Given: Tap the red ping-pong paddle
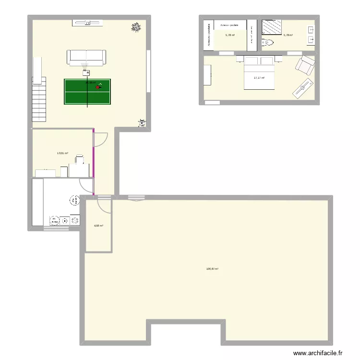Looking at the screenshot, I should point(98,87).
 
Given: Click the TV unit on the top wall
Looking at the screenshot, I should point(87,22).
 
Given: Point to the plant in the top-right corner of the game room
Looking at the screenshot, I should point(137,28).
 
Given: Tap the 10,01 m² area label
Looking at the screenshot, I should point(62,154).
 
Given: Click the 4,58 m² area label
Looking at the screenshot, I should point(98,226).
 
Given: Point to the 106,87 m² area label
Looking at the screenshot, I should point(212,269).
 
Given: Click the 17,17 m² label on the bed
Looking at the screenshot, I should point(259,78).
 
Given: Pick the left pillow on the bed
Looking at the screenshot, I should point(252,61).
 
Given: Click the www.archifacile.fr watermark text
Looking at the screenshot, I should point(317,353).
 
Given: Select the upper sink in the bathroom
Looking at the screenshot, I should point(311,29).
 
